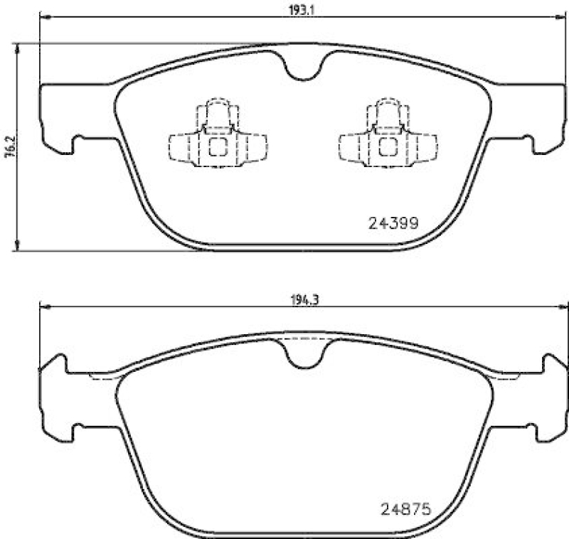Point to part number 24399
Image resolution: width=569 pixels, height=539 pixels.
[x=392, y=222]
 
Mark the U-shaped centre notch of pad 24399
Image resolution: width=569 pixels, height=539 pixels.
[x=304, y=68]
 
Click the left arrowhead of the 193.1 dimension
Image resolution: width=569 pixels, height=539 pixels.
[x=43, y=18]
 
